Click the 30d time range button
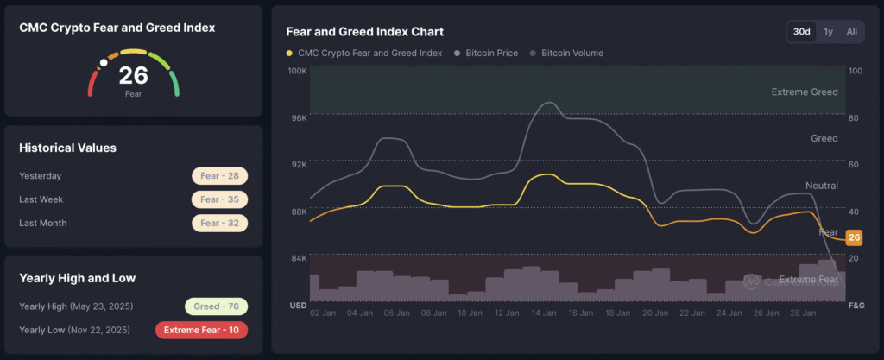[802, 32]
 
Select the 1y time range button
[829, 32]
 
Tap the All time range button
[852, 32]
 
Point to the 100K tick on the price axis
[297, 70]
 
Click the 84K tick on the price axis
[298, 258]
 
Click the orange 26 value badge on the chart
[854, 238]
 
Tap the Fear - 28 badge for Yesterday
[219, 176]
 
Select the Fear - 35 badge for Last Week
[219, 199]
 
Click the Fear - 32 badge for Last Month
[219, 223]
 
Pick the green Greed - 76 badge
[216, 306]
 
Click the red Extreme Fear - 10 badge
[201, 330]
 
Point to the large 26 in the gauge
[133, 75]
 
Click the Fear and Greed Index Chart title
[364, 31]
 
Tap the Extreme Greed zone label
[805, 92]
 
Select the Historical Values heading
[67, 148]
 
